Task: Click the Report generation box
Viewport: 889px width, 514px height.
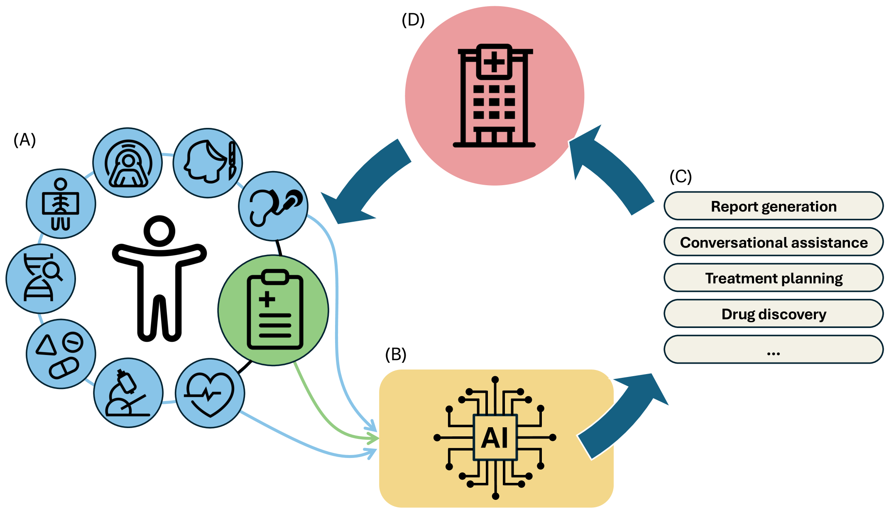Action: tap(773, 206)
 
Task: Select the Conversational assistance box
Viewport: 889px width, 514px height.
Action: tap(773, 242)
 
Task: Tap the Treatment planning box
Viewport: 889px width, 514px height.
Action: tap(773, 278)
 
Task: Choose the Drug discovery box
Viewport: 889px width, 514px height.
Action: tap(773, 314)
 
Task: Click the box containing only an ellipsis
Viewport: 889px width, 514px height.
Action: tap(773, 350)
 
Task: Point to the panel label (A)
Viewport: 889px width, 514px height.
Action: tap(24, 140)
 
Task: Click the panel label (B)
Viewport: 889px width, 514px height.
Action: tap(395, 354)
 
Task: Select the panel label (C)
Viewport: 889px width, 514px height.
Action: tap(681, 176)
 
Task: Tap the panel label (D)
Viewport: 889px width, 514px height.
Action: tap(413, 20)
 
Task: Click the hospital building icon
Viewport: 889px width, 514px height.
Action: tap(494, 95)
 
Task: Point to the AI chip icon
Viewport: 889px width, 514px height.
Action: tap(495, 438)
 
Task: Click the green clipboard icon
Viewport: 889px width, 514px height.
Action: tap(274, 310)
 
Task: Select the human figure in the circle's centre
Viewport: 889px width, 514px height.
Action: tap(159, 278)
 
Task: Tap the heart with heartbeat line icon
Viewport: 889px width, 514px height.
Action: tap(210, 393)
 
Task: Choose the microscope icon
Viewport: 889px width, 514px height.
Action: tap(128, 393)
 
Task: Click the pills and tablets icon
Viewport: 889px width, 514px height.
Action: tap(61, 354)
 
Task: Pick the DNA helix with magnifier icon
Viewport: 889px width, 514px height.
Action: tap(41, 278)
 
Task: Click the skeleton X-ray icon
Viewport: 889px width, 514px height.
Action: tap(61, 204)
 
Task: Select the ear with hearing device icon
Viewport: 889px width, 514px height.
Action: tap(274, 206)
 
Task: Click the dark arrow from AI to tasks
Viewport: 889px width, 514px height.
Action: tap(623, 415)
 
